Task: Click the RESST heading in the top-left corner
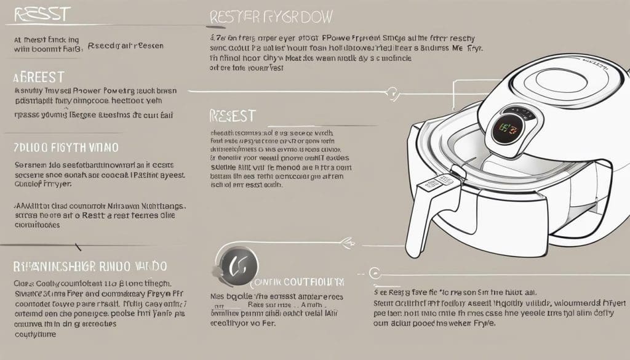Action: coord(38,14)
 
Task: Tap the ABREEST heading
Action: coord(38,78)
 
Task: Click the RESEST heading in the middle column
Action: coord(233,116)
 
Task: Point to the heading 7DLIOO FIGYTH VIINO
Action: coord(66,148)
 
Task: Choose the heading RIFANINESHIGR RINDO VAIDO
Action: coord(89,266)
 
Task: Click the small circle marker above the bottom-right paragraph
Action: coord(372,271)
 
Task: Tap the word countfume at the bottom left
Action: coord(34,335)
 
